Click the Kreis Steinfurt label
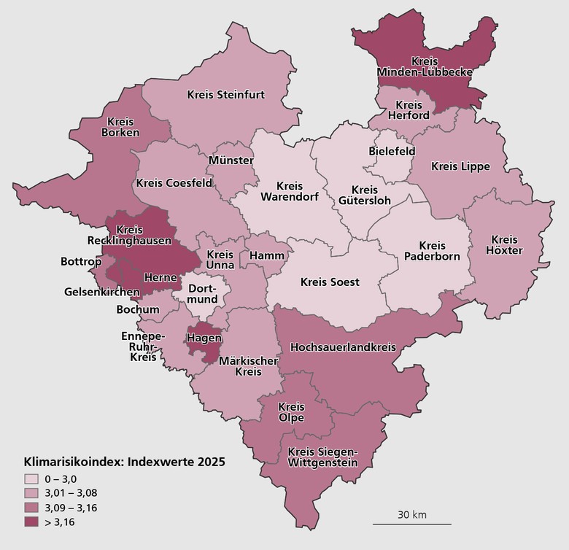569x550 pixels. point(225,94)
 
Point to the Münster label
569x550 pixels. point(231,160)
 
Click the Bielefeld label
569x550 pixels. point(392,151)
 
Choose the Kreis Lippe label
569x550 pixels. point(460,166)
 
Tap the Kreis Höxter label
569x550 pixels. point(505,245)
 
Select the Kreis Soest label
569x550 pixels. point(330,282)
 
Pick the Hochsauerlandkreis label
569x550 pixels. point(343,347)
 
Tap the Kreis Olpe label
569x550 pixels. point(291,412)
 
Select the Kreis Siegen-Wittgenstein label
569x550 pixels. point(323,457)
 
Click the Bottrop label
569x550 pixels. point(81,260)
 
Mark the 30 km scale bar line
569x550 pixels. point(412,524)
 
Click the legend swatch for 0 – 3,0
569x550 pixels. point(31,479)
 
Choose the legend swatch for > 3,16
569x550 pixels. point(31,522)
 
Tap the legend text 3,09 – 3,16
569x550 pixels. point(71,508)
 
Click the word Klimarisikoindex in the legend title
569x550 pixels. point(70,462)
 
